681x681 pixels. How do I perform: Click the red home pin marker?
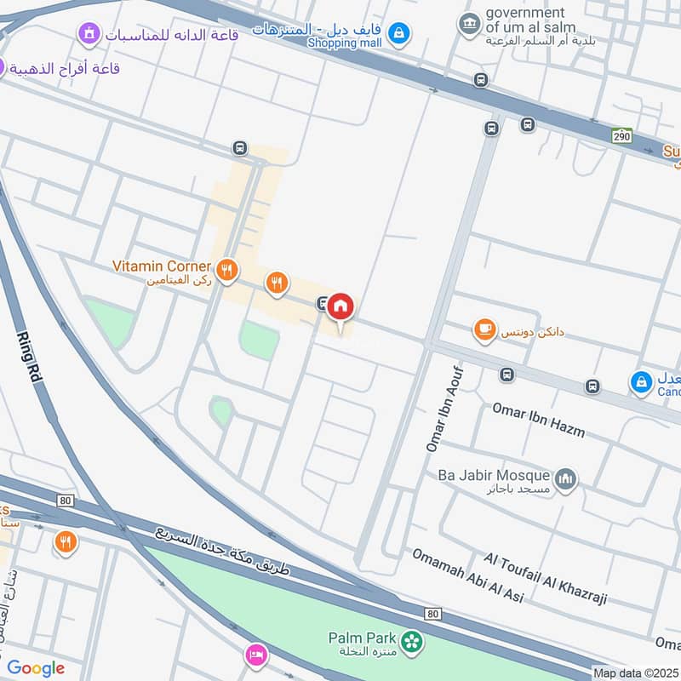[340, 307]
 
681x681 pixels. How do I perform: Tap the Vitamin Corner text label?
[161, 266]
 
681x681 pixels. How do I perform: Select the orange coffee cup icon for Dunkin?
[485, 330]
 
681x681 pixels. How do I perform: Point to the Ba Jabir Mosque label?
[494, 475]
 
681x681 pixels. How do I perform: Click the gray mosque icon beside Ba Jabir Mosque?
[565, 480]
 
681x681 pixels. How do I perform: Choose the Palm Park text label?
[363, 638]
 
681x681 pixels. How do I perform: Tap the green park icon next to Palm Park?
[412, 641]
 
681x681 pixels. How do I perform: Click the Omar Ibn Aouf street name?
[444, 409]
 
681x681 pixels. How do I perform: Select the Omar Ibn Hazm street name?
[538, 419]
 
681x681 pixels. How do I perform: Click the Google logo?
[36, 668]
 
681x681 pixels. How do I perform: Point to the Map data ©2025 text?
[634, 672]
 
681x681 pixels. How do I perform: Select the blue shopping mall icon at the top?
[398, 35]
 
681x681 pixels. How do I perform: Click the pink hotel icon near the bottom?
[255, 655]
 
